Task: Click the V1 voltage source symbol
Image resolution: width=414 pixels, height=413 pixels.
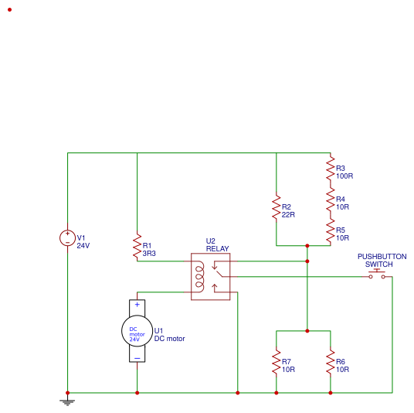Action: point(67,238)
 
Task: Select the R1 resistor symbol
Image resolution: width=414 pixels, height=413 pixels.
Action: point(137,245)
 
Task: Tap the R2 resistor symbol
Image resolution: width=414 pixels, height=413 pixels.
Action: point(276,207)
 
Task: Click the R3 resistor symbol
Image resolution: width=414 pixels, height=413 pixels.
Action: point(330,168)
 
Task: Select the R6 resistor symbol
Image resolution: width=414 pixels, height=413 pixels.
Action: point(330,361)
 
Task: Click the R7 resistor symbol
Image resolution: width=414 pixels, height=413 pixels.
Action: point(276,361)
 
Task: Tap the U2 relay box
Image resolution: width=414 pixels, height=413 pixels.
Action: point(210,276)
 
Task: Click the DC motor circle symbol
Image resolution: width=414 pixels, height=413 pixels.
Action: point(137,331)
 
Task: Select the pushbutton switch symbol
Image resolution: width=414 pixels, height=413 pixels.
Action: point(377,275)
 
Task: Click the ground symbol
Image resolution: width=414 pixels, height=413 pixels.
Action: point(67,401)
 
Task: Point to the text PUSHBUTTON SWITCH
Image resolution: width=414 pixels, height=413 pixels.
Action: point(381,261)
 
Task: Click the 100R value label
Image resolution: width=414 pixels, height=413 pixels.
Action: point(344,176)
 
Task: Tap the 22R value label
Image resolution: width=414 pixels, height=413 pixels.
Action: point(289,214)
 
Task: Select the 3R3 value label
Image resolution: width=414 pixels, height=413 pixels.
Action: point(149,253)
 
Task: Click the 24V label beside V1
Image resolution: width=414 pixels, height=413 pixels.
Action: point(83,245)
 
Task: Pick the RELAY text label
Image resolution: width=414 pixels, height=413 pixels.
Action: point(217,249)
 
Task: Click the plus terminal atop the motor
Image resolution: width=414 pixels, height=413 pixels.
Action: point(137,305)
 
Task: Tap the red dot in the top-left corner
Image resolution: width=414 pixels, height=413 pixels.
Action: point(9,10)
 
